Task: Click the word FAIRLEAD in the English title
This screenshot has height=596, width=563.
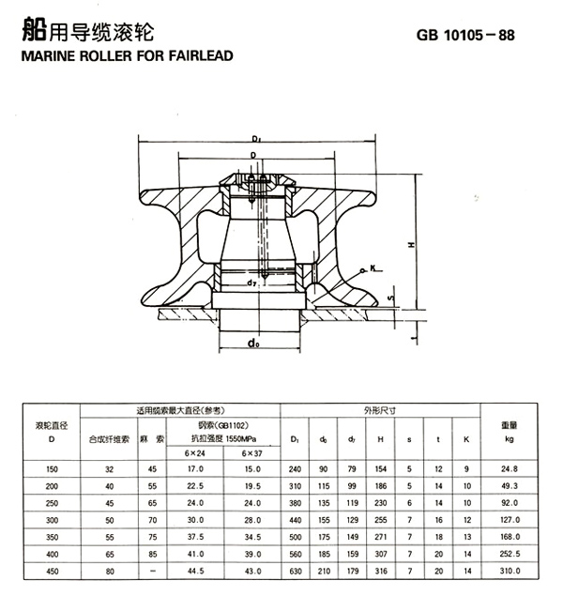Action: pos(194,55)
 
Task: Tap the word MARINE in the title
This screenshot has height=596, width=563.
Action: pos(45,55)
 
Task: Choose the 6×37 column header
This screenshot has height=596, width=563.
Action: pos(252,453)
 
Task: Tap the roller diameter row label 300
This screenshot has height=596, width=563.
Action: pos(52,519)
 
